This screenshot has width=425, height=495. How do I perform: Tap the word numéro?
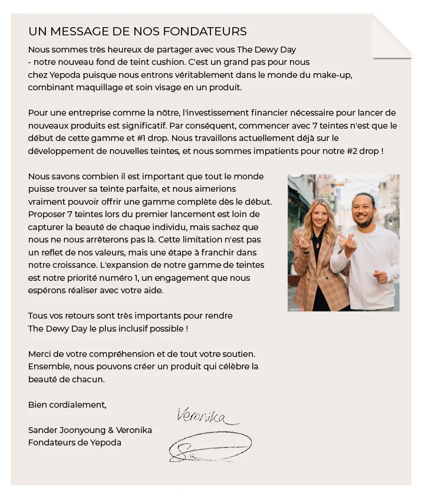tap(124, 278)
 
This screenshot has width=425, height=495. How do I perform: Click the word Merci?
tap(39, 354)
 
